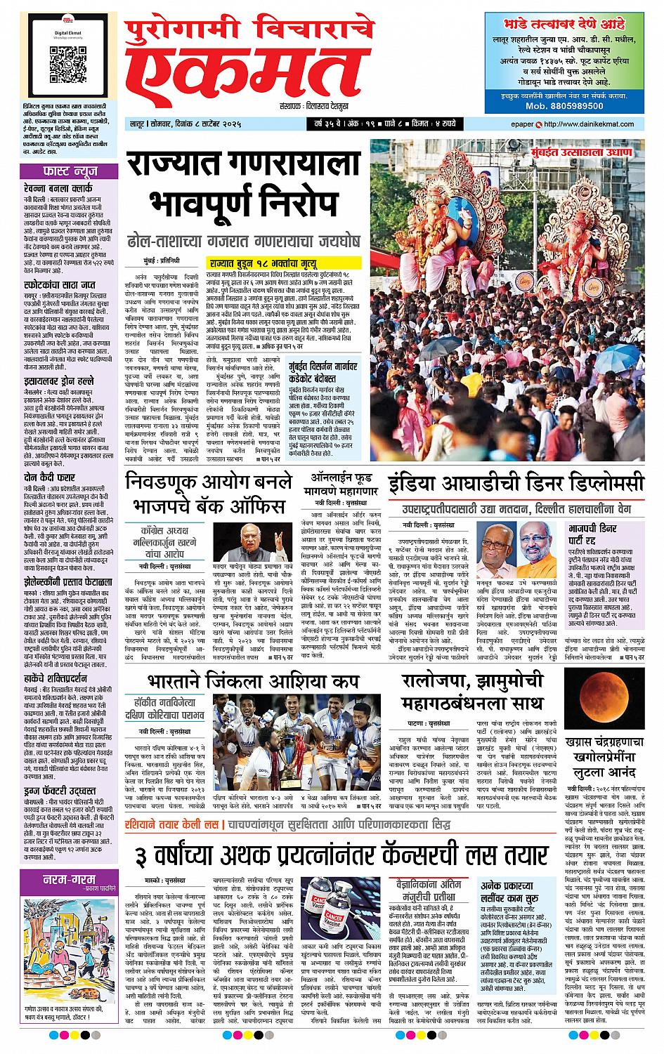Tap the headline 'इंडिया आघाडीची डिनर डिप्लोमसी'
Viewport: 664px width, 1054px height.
coord(516,485)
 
